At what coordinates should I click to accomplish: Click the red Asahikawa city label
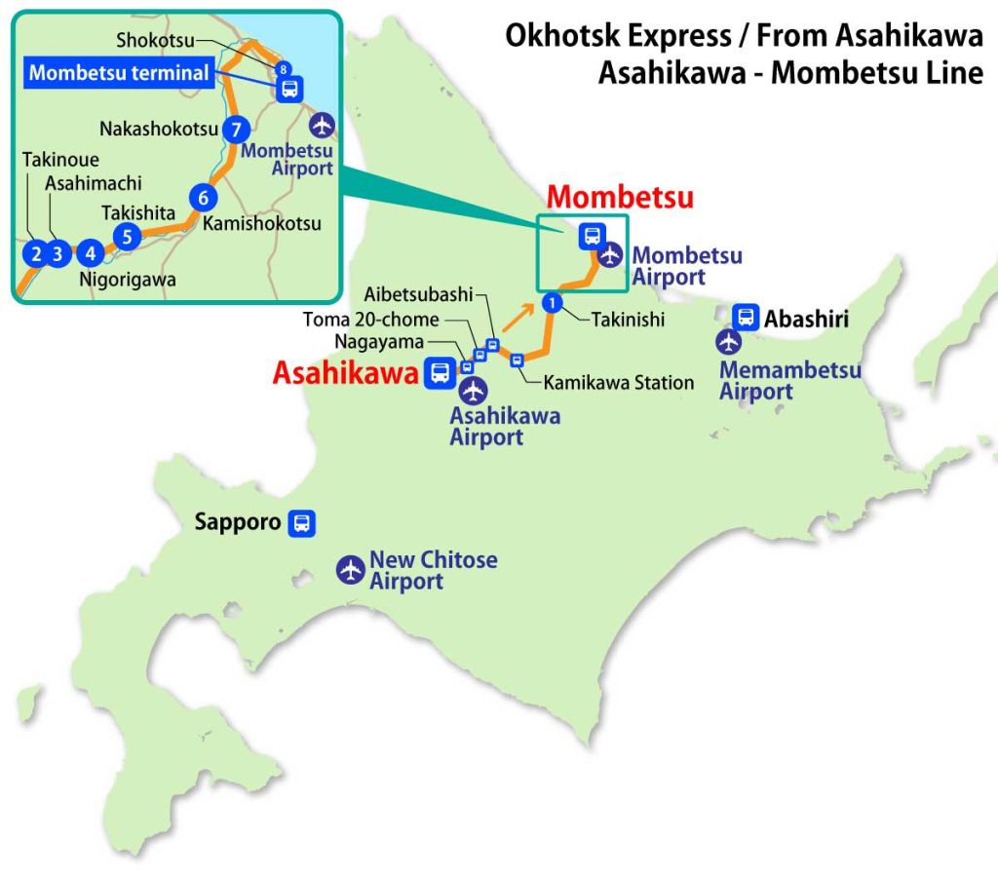[345, 372]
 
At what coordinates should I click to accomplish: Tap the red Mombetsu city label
[620, 197]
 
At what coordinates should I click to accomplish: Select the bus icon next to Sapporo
[302, 523]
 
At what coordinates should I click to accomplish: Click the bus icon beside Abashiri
[746, 317]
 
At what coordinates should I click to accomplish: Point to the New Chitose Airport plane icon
[350, 570]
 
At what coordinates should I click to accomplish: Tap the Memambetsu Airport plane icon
[729, 342]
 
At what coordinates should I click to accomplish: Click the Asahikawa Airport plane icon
[474, 391]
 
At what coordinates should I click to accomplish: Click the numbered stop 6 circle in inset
[203, 197]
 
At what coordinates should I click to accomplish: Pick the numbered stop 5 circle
[126, 235]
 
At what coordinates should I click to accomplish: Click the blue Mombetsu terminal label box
[119, 72]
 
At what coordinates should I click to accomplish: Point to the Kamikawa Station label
[618, 383]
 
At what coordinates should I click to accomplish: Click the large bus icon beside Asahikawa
[440, 371]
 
